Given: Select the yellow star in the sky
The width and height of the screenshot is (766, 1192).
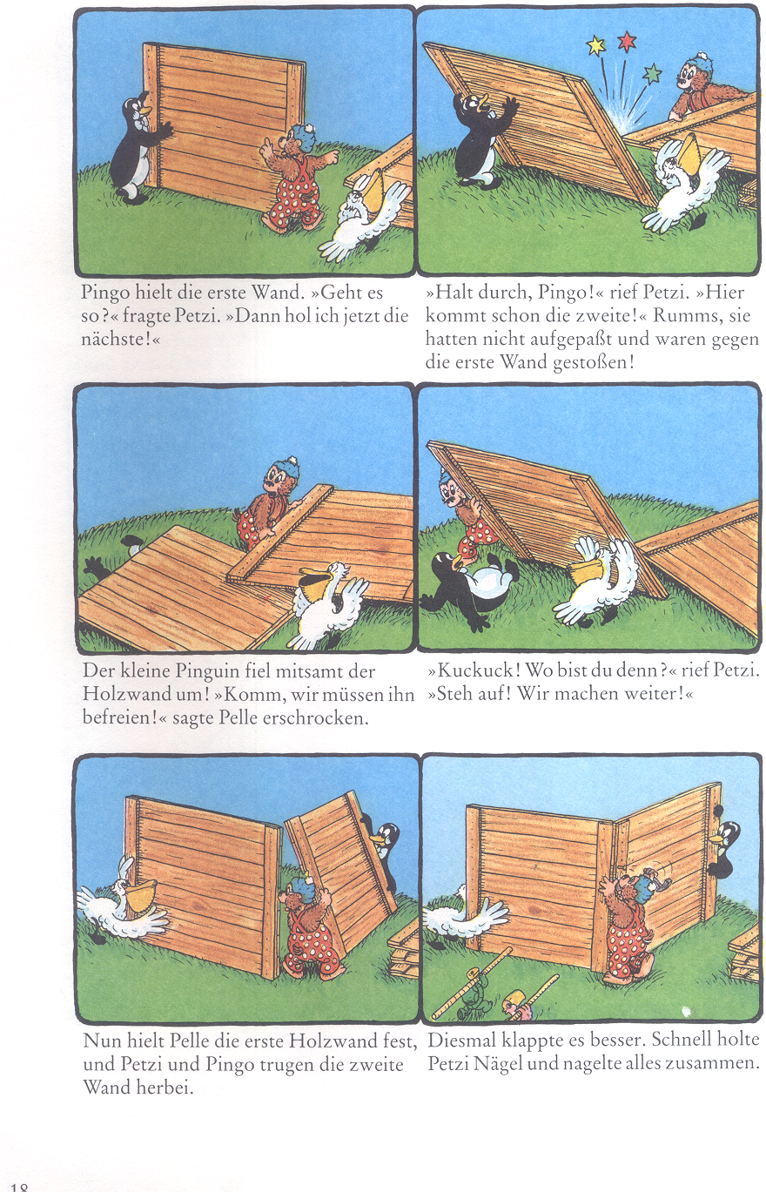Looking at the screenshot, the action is pyautogui.click(x=595, y=46).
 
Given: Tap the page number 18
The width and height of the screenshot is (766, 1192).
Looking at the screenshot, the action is pyautogui.click(x=18, y=1186).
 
